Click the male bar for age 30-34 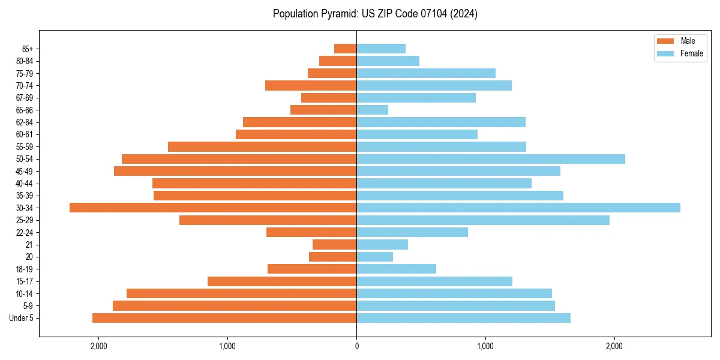point(213,208)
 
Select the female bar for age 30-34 point(518,208)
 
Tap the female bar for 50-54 point(491,159)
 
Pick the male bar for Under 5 point(224,318)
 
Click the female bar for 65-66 point(373,110)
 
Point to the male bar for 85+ point(346,49)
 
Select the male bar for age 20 point(333,257)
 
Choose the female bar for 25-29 point(483,220)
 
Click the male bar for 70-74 point(311,85)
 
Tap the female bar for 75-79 point(426,73)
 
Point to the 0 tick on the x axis point(356,346)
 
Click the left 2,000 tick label point(98,346)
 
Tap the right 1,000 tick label point(485,346)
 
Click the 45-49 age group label point(25,171)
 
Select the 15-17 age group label point(25,281)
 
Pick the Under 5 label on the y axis point(22,318)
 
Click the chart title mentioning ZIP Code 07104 point(375,14)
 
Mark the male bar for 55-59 point(262,146)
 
